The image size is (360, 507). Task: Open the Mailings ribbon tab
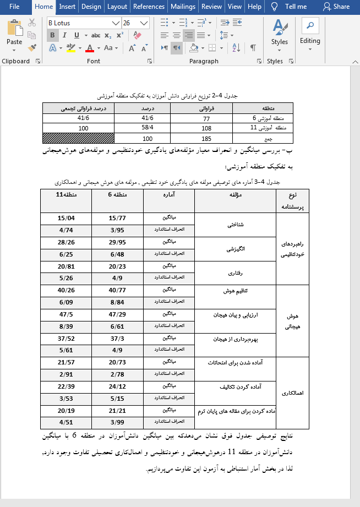pos(182,7)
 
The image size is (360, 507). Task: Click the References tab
pos(149,7)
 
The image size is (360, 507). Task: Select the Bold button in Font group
pos(53,35)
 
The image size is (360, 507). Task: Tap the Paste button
pos(14,35)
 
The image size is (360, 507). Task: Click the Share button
pos(336,7)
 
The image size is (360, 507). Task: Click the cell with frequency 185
pos(206,139)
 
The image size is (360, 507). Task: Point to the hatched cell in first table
pos(78,139)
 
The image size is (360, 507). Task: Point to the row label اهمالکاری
pos(292,393)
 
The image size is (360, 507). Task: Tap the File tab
pos(14,7)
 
